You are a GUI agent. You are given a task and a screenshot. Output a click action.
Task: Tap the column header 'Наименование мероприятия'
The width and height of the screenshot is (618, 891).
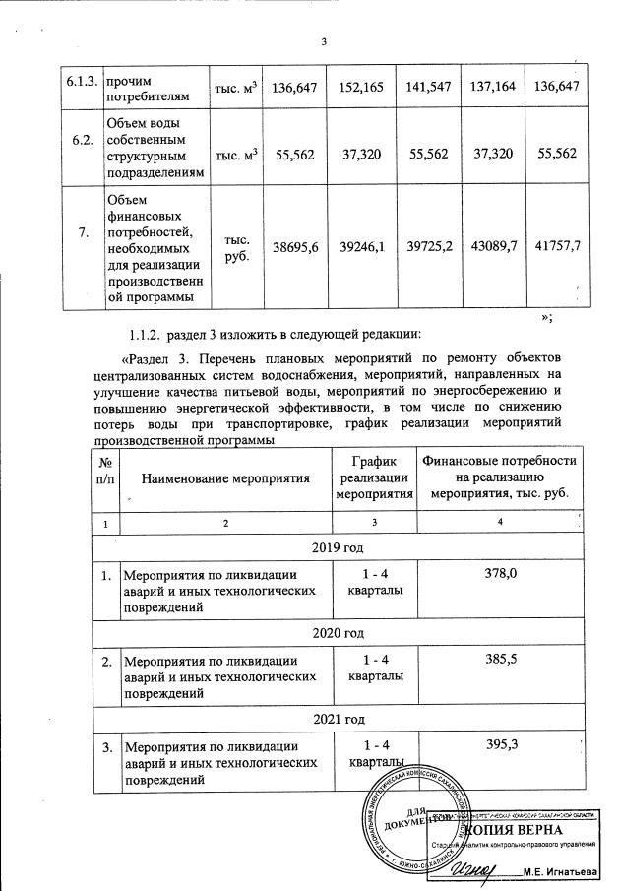click(226, 478)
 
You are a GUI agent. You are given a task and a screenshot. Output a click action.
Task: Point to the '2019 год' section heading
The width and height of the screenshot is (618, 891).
click(337, 547)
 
